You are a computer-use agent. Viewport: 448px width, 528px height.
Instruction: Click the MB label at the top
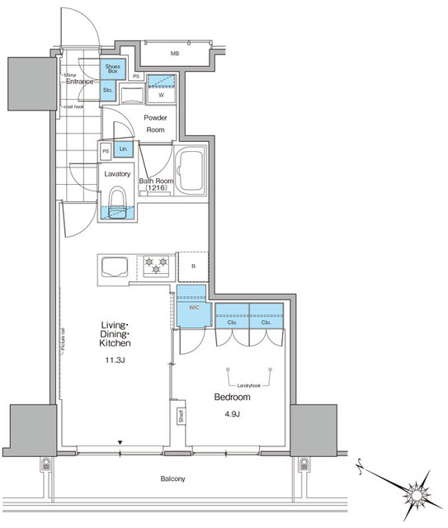click(x=174, y=54)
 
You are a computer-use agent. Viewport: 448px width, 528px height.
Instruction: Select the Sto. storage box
click(x=108, y=92)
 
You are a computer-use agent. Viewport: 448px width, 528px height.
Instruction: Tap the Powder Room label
click(x=156, y=124)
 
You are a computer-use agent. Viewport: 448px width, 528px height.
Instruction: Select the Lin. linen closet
click(x=123, y=148)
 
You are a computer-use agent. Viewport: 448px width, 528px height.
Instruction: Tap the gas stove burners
click(x=157, y=266)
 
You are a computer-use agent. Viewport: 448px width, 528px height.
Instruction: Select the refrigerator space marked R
click(x=192, y=266)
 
